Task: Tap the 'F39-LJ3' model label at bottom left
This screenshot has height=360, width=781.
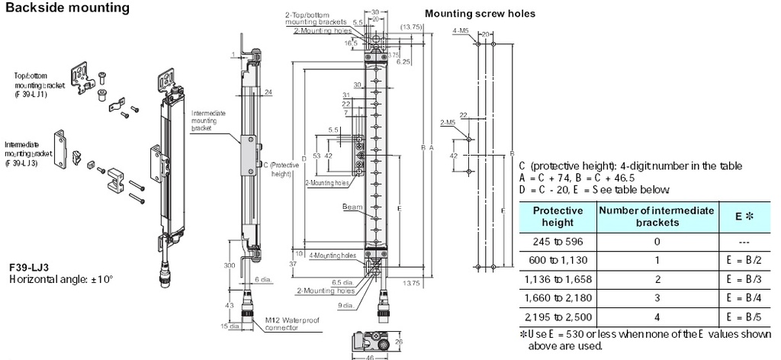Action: [x=31, y=268]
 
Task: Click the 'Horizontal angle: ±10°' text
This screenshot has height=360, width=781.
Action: [x=61, y=280]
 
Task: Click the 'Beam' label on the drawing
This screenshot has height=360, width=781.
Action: [x=352, y=207]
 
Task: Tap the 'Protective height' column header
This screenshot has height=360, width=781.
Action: [x=557, y=216]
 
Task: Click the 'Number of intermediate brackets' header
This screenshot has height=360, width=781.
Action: [x=656, y=216]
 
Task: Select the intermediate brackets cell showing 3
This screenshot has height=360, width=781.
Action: [x=656, y=297]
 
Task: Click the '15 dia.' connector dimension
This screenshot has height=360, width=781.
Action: [x=217, y=327]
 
